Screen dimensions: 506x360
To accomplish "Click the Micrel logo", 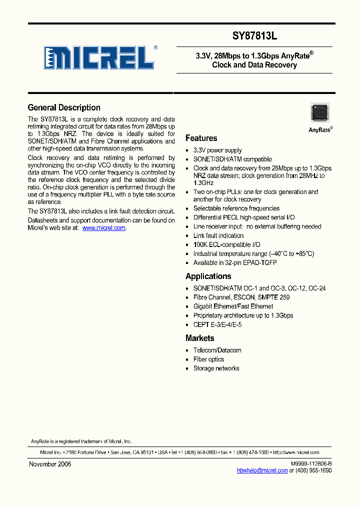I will pos(98,57).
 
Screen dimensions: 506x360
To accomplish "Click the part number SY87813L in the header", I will pos(254,36).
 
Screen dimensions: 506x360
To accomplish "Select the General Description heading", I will pos(64,107).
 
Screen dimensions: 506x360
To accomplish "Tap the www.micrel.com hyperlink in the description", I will pos(103,228).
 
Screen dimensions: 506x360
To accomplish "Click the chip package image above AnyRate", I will pos(320,112).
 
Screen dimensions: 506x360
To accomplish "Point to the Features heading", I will pos(201,138).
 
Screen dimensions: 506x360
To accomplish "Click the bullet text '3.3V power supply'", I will pos(217,150).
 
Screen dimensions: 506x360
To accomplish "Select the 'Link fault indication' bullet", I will pos(218,235).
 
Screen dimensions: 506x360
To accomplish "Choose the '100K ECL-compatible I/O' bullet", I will pos(226,244).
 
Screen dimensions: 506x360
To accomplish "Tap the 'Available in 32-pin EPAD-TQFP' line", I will pos(235,262).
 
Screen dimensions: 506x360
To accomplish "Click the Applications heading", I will pos(208,276).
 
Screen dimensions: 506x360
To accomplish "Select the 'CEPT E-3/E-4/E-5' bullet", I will pos(217,324).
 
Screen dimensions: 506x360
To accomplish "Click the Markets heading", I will pos(199,338).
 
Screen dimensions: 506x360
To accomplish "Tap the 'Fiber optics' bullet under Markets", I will pos(208,359).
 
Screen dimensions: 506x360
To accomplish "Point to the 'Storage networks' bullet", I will pos(216,368).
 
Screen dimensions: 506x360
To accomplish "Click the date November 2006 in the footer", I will pos(50,464).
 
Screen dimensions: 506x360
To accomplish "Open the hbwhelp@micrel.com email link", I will pos(262,470).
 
